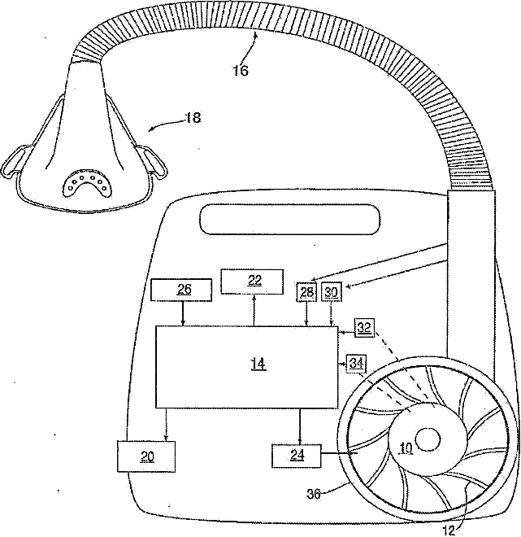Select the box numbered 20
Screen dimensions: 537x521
pos(146,456)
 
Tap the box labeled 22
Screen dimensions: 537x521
pos(254,282)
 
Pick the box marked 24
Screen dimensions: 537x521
pos(297,456)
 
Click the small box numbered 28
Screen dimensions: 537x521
pos(306,291)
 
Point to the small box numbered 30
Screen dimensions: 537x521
pos(331,291)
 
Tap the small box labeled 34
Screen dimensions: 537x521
pos(356,363)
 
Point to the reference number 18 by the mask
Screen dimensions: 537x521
pos(192,118)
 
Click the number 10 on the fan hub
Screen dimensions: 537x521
pos(406,448)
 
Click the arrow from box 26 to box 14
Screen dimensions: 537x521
pos(182,313)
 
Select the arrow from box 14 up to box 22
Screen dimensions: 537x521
pos(254,309)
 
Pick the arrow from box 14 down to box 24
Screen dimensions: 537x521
pos(299,425)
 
